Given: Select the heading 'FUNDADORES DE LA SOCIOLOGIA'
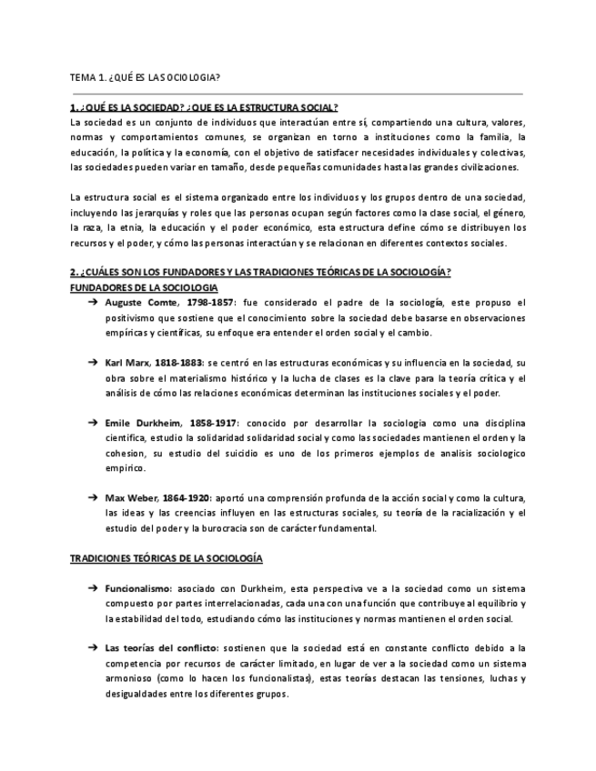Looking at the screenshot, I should pos(144,286).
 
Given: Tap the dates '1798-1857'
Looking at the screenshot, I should pos(207,302).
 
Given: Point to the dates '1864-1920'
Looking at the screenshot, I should pos(186,498).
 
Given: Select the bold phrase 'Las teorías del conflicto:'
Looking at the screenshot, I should pos(161,648).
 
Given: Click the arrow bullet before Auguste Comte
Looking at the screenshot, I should pos(94,302).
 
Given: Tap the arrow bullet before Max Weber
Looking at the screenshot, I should pos(94,498).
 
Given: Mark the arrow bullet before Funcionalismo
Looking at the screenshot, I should pos(94,588).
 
